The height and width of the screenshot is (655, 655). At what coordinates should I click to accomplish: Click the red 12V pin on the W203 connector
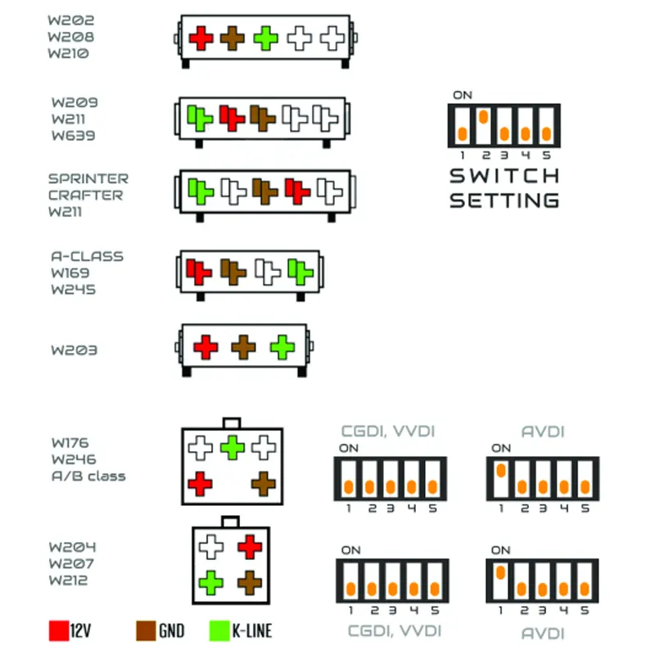[205, 347]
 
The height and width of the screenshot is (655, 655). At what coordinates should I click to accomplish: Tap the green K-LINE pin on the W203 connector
[282, 347]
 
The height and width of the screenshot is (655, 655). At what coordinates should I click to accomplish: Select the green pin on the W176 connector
[233, 447]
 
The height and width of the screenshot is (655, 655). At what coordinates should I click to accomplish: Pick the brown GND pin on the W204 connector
[249, 583]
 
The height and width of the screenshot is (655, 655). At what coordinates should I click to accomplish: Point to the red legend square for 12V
[59, 630]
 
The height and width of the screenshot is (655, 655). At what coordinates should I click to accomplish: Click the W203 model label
[75, 350]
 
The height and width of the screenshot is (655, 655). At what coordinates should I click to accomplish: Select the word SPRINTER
[88, 178]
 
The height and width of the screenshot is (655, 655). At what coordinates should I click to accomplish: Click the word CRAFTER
[85, 195]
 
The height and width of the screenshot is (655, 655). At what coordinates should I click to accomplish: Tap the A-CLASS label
[87, 255]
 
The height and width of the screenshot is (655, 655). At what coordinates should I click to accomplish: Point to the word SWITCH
[504, 176]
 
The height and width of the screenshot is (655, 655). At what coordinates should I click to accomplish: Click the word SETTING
[504, 200]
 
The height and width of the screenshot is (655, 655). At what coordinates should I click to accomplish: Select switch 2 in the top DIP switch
[484, 125]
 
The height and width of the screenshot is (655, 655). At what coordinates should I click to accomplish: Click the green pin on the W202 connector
[265, 37]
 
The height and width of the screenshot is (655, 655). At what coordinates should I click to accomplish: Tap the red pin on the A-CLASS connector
[195, 269]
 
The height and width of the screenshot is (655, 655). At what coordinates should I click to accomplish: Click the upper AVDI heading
[543, 431]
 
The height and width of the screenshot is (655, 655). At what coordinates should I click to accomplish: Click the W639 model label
[74, 135]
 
